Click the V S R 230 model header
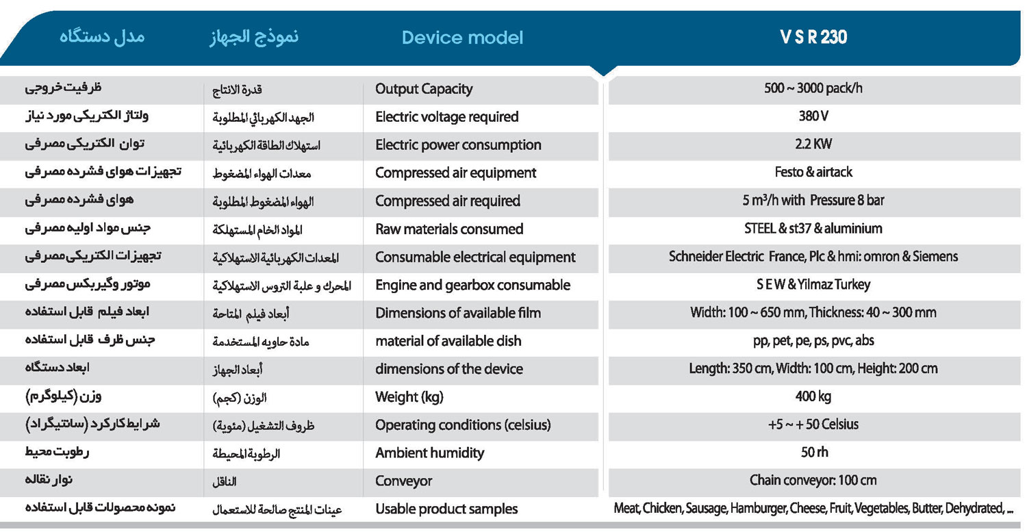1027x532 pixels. (x=813, y=37)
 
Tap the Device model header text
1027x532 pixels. (x=462, y=38)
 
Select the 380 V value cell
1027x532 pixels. (x=813, y=116)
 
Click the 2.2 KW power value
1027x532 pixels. (x=813, y=144)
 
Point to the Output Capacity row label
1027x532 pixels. (x=424, y=89)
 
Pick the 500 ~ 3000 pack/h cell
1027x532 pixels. (x=813, y=88)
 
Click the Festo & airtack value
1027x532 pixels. (x=813, y=173)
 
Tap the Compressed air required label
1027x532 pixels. (x=448, y=201)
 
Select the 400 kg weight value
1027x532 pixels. (x=813, y=396)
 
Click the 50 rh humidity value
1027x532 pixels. (x=813, y=453)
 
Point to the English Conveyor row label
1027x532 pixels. (x=404, y=481)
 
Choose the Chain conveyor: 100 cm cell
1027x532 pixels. (x=813, y=480)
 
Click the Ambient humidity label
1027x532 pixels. (x=429, y=453)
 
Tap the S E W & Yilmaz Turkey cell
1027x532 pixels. (x=813, y=285)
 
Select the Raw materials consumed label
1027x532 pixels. (x=449, y=229)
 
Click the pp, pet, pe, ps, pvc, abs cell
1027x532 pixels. (x=813, y=340)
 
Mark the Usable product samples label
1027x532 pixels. (x=446, y=509)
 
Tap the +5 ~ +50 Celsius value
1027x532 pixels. (x=813, y=425)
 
